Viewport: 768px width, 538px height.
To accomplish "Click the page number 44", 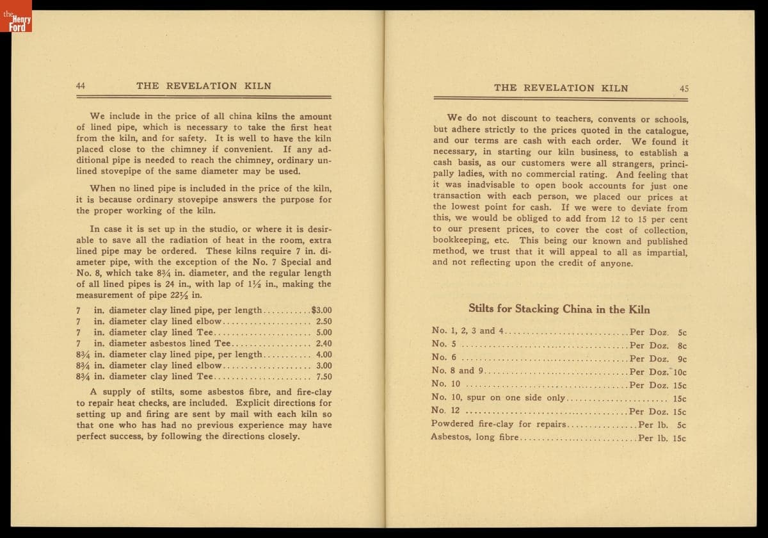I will [x=81, y=85].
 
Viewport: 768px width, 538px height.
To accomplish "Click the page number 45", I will [x=684, y=88].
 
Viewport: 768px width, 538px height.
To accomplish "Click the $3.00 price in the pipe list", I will [x=321, y=310].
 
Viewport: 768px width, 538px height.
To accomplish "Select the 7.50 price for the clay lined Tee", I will [x=324, y=377].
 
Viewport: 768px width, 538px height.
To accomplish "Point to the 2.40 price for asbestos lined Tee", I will [x=324, y=343].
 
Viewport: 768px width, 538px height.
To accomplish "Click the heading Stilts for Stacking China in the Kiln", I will [x=559, y=309].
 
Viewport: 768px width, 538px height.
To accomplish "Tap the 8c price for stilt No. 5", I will [x=682, y=345].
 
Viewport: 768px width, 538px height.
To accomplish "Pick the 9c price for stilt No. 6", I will [x=682, y=359].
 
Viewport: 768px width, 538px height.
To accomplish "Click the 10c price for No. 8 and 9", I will [x=680, y=371].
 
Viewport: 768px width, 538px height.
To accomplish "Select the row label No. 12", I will [x=445, y=411].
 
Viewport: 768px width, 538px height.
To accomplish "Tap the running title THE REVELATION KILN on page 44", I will [x=204, y=85].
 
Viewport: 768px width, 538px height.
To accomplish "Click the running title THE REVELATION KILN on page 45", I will [x=561, y=88].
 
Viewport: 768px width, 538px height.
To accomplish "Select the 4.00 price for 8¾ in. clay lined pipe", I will [x=324, y=354].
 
